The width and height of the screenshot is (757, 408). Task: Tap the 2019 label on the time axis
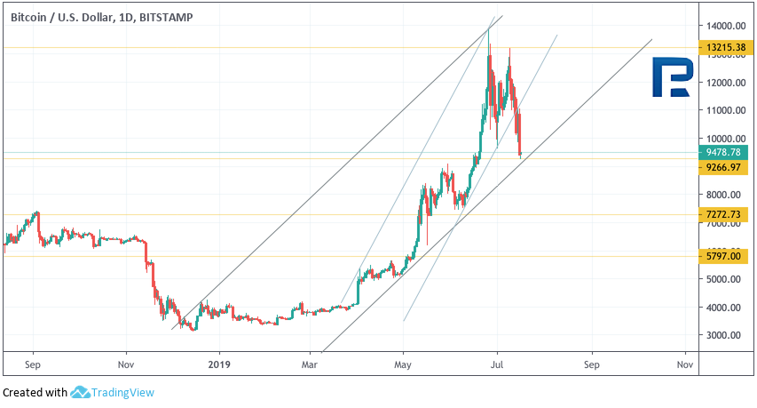point(217,364)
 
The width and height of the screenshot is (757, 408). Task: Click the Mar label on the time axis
point(310,364)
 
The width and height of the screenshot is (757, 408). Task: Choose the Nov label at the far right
point(684,364)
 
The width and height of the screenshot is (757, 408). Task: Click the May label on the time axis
point(403,364)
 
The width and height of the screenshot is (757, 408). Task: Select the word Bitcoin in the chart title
point(31,17)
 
